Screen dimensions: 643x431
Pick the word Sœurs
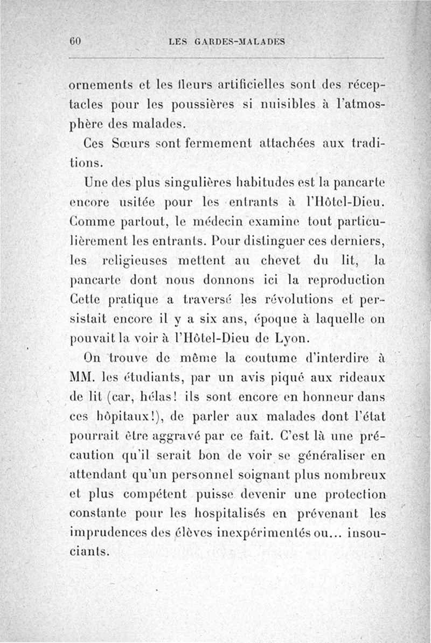124,145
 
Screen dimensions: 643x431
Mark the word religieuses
141,261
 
